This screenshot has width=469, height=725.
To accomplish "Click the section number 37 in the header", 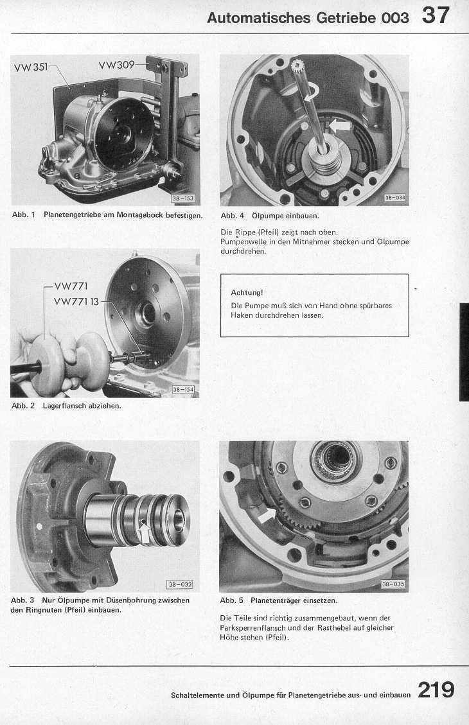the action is pos(435,15).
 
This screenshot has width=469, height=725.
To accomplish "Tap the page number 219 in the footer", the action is pos(436,690).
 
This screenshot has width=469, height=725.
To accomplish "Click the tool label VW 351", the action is pos(31,67).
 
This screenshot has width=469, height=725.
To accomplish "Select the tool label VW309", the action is pos(116,66).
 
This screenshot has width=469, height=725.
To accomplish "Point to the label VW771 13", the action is pos(76,302).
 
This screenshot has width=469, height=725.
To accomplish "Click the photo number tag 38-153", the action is pos(183,198).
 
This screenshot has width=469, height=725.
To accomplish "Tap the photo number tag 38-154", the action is pos(184,390).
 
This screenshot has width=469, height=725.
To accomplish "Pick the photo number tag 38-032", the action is pos(180,584).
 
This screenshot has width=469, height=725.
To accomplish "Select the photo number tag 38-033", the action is pos(394,197).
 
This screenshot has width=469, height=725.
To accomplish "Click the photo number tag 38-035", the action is pos(393,584).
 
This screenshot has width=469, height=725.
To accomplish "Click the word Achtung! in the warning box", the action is pos(247,293).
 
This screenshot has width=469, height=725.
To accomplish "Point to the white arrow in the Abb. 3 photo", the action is pos(145,532).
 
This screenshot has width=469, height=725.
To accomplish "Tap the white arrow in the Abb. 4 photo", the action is pos(339,125).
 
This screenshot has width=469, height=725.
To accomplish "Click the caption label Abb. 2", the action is pos(23,406).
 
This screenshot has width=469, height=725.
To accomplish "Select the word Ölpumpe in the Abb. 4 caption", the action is pos(269,216).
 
